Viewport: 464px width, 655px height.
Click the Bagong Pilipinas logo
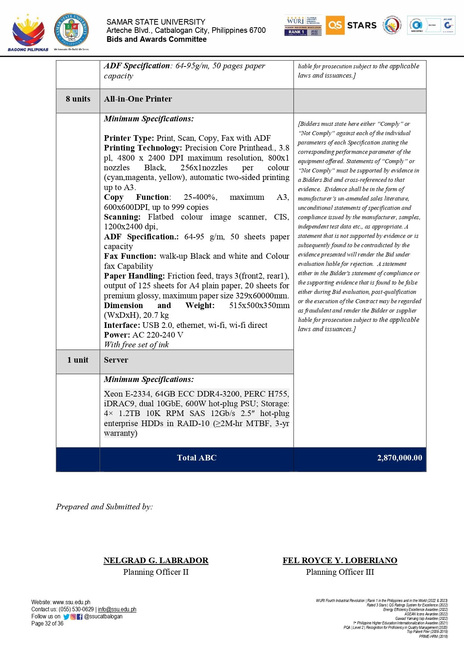(28, 32)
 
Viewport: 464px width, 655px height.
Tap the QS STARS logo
(351, 25)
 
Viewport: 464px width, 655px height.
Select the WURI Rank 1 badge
(303, 26)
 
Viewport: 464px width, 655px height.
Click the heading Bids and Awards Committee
(156, 40)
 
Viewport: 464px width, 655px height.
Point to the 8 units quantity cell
(78, 99)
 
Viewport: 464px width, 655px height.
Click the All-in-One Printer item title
(138, 99)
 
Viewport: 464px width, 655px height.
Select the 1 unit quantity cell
(78, 360)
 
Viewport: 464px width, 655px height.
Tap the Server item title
(116, 360)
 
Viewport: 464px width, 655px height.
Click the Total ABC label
(197, 458)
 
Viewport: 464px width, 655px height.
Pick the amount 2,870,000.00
(399, 458)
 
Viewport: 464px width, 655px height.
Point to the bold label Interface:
(122, 325)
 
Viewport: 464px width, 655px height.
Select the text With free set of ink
(136, 345)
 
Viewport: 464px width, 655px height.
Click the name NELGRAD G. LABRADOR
(156, 561)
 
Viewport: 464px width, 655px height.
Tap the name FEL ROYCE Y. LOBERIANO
(340, 561)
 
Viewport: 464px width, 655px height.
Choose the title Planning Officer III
(340, 572)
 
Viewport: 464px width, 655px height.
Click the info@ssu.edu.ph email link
(117, 609)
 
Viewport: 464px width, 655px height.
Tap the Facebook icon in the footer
(80, 617)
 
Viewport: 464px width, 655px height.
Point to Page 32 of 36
(47, 624)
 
